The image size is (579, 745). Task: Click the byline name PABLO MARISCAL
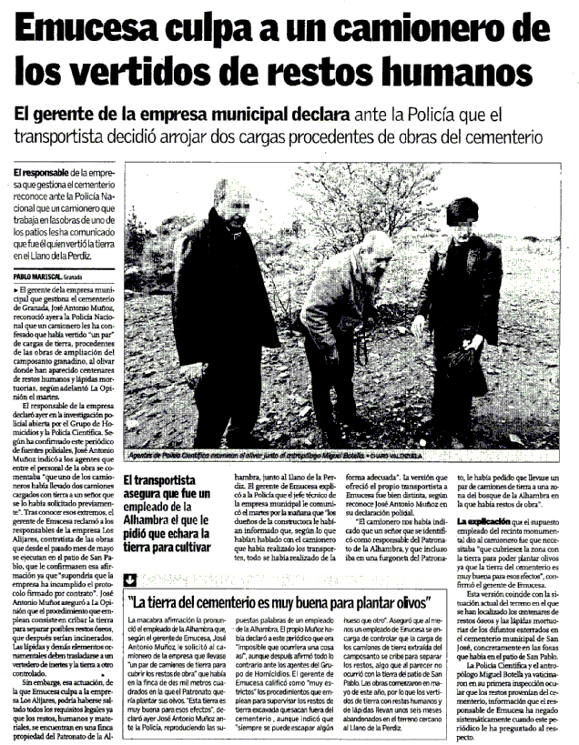point(36,276)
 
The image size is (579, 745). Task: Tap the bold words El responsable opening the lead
point(42,172)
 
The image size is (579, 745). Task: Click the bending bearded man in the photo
point(341,300)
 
